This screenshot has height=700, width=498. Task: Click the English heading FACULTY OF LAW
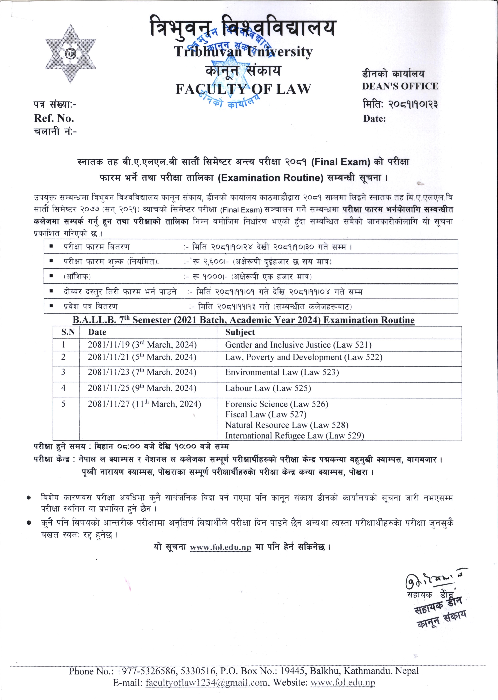click(243, 89)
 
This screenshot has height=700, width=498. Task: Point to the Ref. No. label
click(54, 118)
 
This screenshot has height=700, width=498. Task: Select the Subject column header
click(240, 332)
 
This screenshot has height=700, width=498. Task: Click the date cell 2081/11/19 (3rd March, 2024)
click(142, 345)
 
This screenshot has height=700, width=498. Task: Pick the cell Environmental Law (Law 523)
click(282, 372)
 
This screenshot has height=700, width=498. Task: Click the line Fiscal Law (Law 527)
click(265, 414)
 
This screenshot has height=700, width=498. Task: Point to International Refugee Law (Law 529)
click(294, 435)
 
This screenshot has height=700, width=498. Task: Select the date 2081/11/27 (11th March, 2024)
click(144, 404)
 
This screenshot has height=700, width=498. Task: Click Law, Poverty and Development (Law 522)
click(304, 357)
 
